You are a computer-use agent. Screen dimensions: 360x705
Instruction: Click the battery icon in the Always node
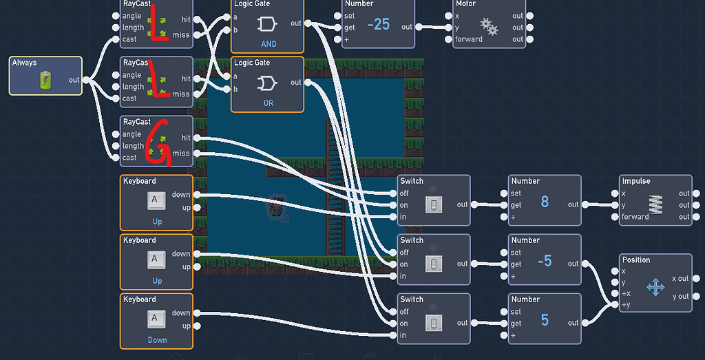pyautogui.click(x=45, y=81)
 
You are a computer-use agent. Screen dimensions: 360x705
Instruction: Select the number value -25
pyautogui.click(x=378, y=25)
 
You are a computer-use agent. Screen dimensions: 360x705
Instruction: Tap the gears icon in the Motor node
pyautogui.click(x=489, y=27)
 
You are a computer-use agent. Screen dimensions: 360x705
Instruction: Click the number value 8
pyautogui.click(x=545, y=202)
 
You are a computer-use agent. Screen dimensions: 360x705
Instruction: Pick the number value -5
pyautogui.click(x=544, y=261)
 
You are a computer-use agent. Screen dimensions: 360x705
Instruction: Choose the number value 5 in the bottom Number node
pyautogui.click(x=545, y=320)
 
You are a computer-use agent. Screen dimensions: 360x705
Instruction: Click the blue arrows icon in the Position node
pyautogui.click(x=655, y=287)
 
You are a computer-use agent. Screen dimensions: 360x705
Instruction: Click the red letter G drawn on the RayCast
pyautogui.click(x=159, y=145)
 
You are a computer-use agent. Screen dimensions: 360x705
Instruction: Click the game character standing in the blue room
pyautogui.click(x=276, y=207)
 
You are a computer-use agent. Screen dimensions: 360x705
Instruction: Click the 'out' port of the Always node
pyautogui.click(x=85, y=80)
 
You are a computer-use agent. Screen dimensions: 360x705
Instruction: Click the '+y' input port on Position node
pyautogui.click(x=615, y=305)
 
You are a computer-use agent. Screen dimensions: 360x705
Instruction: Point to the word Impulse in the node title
pyautogui.click(x=636, y=181)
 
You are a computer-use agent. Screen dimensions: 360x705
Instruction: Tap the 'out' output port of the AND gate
pyautogui.click(x=307, y=23)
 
